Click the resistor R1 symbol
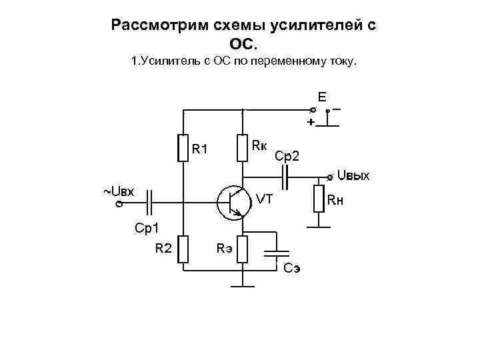pyautogui.click(x=183, y=148)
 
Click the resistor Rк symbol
pyautogui.click(x=243, y=148)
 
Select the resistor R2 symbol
pyautogui.click(x=183, y=249)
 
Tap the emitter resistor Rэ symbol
pyautogui.click(x=243, y=249)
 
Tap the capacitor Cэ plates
pyautogui.click(x=276, y=253)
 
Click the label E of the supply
pyautogui.click(x=322, y=97)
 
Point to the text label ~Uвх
pyautogui.click(x=119, y=192)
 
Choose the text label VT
pyautogui.click(x=265, y=198)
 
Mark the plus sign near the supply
pyautogui.click(x=309, y=123)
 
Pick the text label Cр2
pyautogui.click(x=287, y=156)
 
